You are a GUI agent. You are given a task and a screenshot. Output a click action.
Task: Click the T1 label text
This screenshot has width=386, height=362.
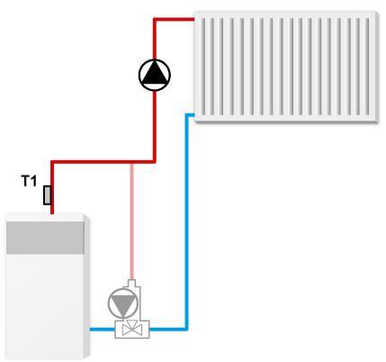(29, 181)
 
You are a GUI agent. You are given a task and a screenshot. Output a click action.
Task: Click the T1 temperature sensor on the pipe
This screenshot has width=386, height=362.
(47, 195)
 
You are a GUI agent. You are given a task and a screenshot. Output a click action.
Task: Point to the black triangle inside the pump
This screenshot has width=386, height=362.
(155, 73)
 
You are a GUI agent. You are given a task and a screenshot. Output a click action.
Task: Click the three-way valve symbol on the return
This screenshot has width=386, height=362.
(132, 329)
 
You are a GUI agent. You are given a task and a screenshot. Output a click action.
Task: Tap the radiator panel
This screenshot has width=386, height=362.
(285, 67)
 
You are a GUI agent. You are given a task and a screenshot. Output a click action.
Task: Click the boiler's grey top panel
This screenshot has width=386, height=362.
(45, 238)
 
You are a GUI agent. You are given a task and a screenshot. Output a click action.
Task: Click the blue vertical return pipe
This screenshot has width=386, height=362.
(186, 222)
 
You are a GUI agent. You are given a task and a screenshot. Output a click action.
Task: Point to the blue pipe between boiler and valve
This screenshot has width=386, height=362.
(103, 330)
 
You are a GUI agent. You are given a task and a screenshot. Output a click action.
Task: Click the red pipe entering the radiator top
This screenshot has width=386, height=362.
(175, 20)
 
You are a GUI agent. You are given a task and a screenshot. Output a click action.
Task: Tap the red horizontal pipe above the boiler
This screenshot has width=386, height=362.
(103, 162)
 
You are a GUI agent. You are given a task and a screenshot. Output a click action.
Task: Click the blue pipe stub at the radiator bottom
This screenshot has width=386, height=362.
(190, 115)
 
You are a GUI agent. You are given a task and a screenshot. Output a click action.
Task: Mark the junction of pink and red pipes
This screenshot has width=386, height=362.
(131, 162)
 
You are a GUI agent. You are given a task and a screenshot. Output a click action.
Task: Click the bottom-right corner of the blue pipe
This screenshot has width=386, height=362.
(187, 330)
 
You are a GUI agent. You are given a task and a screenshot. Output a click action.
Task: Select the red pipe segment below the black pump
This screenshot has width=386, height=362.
(155, 126)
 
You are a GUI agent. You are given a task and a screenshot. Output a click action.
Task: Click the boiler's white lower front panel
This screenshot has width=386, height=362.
(44, 306)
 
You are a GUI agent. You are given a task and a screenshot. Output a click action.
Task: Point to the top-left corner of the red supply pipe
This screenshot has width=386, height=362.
(52, 162)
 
